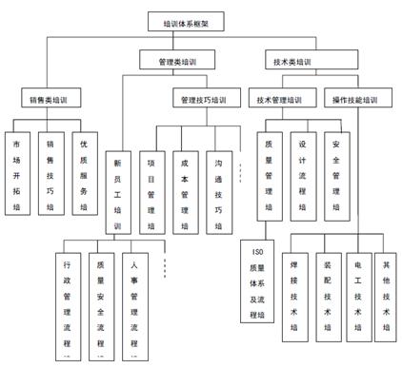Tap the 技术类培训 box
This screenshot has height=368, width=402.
pyautogui.click(x=291, y=62)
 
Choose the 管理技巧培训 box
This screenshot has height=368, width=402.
pyautogui.click(x=206, y=99)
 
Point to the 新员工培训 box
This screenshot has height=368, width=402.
pyautogui.click(x=117, y=189)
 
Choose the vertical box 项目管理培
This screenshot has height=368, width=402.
pyautogui.click(x=151, y=189)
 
